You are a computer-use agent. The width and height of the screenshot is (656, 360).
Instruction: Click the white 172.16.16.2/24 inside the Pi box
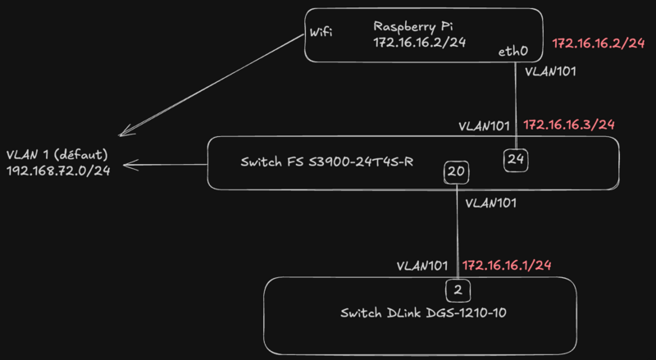[419, 43]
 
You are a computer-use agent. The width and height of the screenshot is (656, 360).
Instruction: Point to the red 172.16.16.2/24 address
[599, 43]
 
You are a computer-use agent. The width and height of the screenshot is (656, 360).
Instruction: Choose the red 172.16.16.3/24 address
[569, 125]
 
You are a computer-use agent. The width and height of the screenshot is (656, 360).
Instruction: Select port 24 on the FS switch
[516, 159]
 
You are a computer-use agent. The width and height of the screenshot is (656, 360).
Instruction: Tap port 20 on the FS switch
[456, 172]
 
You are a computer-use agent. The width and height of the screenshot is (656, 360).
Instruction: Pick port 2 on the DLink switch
[458, 289]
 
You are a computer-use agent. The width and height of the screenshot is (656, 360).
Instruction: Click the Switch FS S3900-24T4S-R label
[326, 162]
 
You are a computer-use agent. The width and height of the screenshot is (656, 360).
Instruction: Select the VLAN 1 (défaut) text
[57, 154]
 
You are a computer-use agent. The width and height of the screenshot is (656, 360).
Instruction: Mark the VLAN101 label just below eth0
[549, 71]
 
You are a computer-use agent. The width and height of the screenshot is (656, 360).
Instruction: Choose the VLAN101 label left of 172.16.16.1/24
[422, 266]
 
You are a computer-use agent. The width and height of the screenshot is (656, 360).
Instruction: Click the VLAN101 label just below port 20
[490, 203]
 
